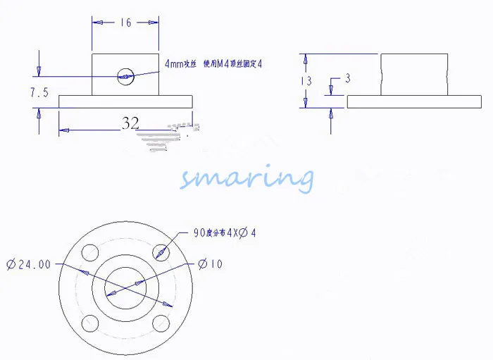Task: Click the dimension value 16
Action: click(125, 23)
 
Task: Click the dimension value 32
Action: click(130, 123)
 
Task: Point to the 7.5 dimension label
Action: click(39, 92)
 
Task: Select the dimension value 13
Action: click(306, 81)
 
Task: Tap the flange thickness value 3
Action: click(347, 77)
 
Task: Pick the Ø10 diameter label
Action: click(211, 264)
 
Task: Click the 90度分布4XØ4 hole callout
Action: click(225, 232)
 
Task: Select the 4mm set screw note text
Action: click(213, 63)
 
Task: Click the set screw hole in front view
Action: click(125, 75)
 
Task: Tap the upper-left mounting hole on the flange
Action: click(90, 252)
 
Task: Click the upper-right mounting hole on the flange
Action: click(161, 252)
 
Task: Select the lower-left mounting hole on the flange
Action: click(90, 323)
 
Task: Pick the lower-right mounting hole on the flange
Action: click(161, 323)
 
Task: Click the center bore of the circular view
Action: click(125, 288)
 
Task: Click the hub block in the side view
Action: click(415, 74)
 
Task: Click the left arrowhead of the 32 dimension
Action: click(63, 129)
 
